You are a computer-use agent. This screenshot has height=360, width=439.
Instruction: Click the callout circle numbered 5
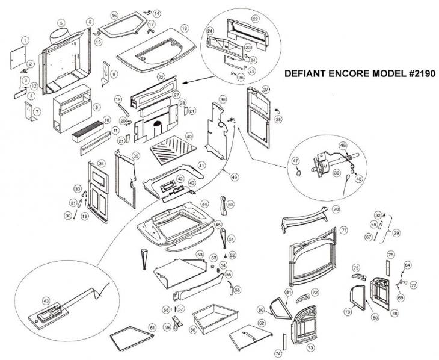[x=61, y=22]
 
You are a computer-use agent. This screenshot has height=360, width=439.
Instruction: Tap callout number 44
[x=205, y=205]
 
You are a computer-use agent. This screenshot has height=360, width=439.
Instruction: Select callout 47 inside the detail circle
[x=295, y=161]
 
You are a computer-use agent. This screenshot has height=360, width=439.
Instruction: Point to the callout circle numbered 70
[x=337, y=209]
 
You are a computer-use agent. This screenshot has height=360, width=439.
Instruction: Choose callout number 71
[x=344, y=231]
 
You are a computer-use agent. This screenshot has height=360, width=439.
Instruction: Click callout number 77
[x=414, y=284]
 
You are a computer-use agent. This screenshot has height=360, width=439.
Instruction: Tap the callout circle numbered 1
[x=25, y=40]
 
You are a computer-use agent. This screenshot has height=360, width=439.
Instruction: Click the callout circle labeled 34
[x=101, y=163]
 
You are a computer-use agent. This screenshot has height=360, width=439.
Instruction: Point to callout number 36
[x=223, y=99]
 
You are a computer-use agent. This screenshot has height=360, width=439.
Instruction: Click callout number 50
[x=230, y=205]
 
